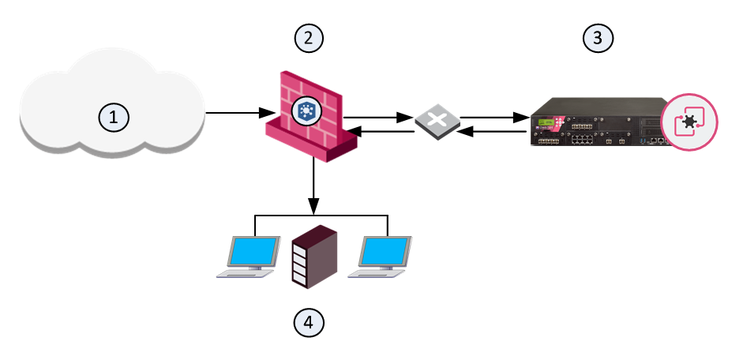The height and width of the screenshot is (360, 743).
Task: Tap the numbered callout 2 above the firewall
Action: pos(309,36)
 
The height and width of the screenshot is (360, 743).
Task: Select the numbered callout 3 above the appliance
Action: pos(598,36)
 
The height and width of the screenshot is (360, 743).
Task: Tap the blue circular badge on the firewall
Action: pos(305,111)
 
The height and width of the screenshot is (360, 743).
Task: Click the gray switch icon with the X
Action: pos(437,126)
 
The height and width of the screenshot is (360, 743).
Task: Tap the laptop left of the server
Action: pos(250,257)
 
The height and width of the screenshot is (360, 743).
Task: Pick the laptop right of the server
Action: pos(381,257)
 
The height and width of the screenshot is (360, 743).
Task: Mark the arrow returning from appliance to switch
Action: pos(494,133)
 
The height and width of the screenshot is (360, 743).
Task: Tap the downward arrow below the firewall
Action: pos(315,186)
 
